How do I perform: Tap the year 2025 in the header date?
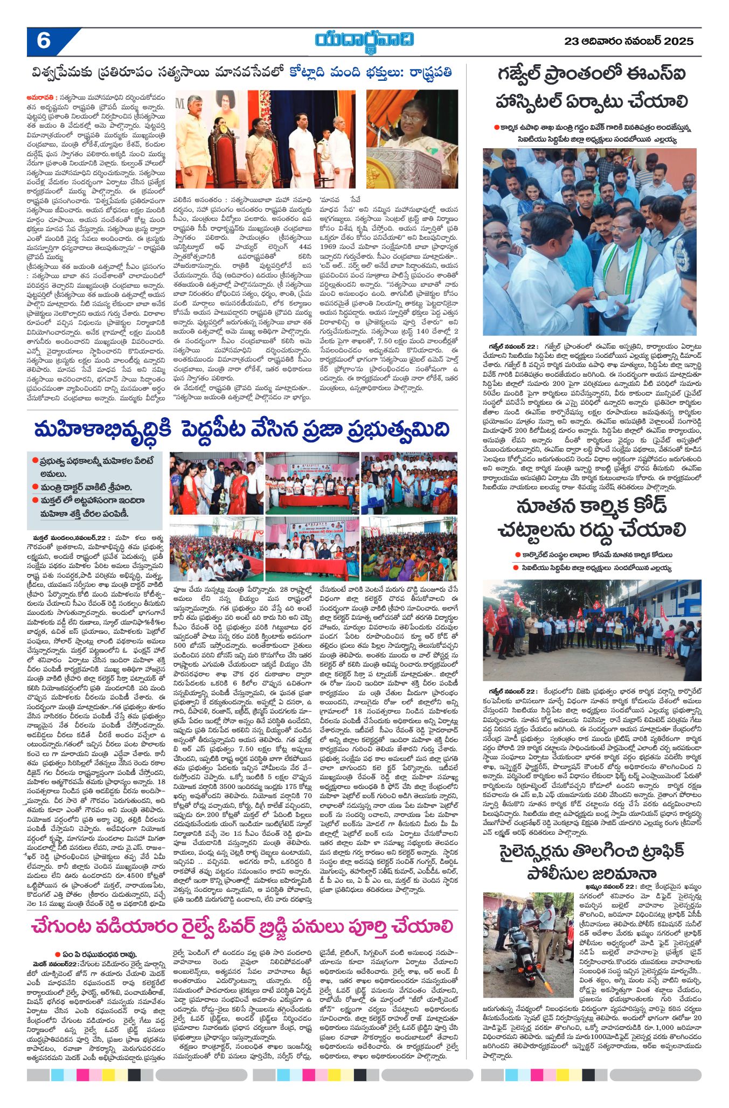pos(678,41)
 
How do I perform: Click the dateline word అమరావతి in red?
pos(40,98)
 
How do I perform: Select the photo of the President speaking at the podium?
pos(412,139)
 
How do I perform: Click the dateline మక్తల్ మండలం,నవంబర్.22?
pos(68,538)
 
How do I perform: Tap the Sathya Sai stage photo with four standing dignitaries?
pos(270,139)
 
